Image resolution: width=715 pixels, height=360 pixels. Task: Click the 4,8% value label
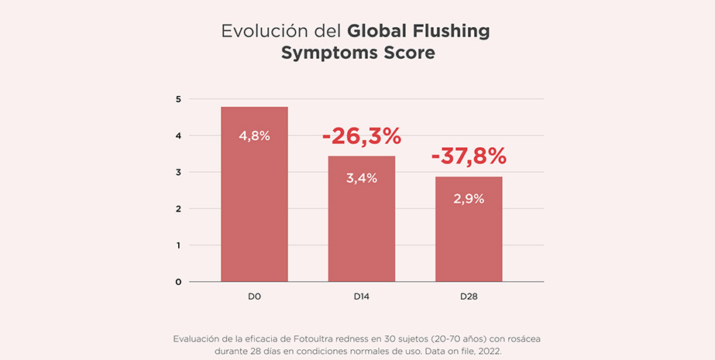(x=254, y=135)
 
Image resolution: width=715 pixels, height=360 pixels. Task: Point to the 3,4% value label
(x=362, y=178)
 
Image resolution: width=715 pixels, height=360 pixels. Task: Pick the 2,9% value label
(x=469, y=199)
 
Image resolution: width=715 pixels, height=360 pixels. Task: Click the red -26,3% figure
(x=362, y=136)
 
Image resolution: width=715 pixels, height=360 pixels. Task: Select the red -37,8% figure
(x=469, y=156)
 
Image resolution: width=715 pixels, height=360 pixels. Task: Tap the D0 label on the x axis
(x=254, y=297)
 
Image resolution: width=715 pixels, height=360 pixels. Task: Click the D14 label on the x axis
(x=362, y=297)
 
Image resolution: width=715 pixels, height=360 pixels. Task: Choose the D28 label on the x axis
(x=469, y=297)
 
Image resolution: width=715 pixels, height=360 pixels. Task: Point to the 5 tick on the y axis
(x=178, y=99)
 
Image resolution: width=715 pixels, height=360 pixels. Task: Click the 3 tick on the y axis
(x=178, y=172)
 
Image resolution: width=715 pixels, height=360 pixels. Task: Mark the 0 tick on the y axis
(x=178, y=282)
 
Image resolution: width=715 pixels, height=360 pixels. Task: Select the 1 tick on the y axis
(x=178, y=245)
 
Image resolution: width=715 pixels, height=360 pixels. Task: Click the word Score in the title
(x=407, y=53)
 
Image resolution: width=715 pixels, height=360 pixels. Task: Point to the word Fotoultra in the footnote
(x=335, y=339)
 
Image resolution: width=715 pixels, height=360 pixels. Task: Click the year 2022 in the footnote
(x=486, y=351)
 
